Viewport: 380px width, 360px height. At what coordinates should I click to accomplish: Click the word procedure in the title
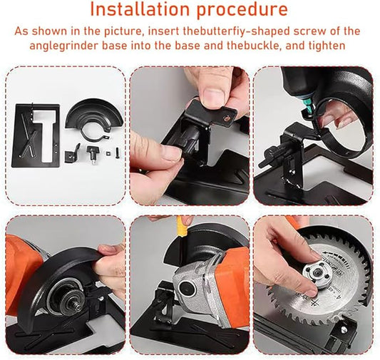tap(242, 10)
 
